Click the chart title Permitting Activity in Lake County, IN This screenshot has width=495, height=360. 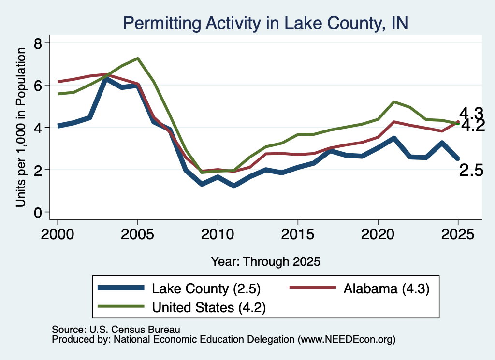(265, 23)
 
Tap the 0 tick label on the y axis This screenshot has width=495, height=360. (38, 213)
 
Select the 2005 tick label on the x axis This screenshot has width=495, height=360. (137, 234)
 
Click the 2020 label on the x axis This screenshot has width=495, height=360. (378, 234)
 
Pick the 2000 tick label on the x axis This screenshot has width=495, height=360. (58, 234)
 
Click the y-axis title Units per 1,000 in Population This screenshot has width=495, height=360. (21, 127)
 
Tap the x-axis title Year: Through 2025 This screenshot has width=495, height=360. (265, 261)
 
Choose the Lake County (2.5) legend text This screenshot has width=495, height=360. (206, 288)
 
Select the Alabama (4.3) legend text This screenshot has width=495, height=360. (386, 288)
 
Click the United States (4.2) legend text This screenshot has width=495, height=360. (209, 307)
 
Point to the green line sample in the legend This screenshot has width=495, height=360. (121, 306)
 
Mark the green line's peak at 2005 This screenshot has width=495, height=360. (138, 58)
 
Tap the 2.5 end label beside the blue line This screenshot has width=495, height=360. (471, 171)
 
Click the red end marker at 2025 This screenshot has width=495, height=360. (458, 122)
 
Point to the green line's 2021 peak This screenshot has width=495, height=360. (394, 102)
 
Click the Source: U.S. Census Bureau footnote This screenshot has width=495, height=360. (116, 330)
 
